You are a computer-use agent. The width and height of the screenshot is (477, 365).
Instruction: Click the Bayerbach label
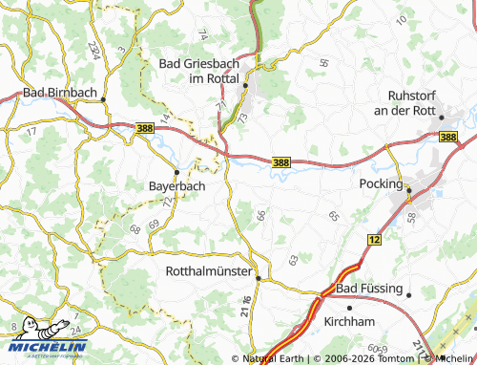pyautogui.click(x=176, y=185)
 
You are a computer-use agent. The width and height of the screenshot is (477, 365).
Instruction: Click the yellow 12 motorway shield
pyautogui.click(x=373, y=236)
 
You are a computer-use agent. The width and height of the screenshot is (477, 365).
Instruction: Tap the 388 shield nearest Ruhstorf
pyautogui.click(x=448, y=138)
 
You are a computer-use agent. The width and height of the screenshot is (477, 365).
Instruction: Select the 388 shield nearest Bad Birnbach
pyautogui.click(x=145, y=127)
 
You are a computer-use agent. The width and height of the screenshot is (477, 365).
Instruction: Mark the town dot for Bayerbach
pyautogui.click(x=176, y=172)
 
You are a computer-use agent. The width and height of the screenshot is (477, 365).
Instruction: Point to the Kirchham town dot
pyautogui.click(x=350, y=308)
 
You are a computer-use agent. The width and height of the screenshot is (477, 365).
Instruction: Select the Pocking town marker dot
pyautogui.click(x=409, y=189)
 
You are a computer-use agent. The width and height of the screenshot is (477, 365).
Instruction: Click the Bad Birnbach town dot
pyautogui.click(x=102, y=95)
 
